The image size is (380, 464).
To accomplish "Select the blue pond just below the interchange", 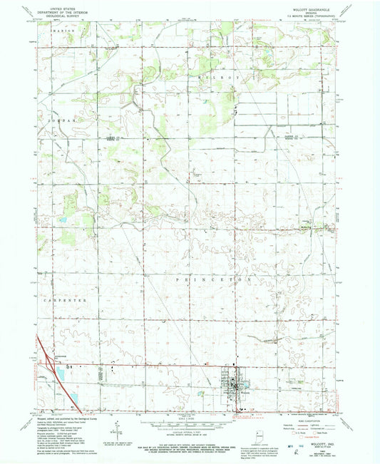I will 59,372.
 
